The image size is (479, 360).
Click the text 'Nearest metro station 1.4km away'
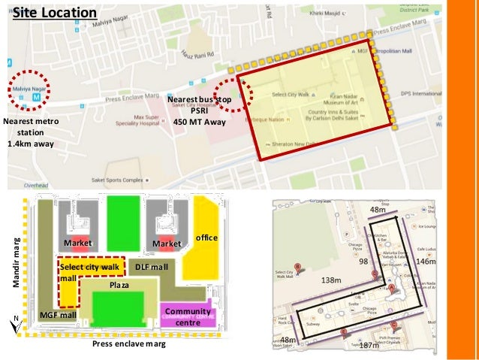29,132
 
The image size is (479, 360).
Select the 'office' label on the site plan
206,237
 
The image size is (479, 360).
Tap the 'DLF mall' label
150,266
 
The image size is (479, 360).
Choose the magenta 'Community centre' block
187,316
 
